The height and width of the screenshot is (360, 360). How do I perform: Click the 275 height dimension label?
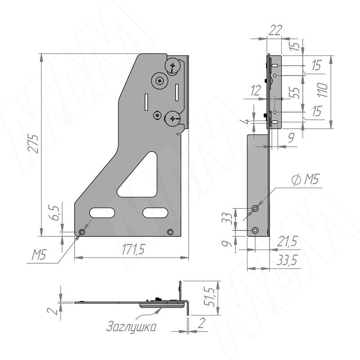point(33,144)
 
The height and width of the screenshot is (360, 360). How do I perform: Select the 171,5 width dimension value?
point(133,249)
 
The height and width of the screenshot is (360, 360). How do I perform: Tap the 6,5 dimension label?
point(55,213)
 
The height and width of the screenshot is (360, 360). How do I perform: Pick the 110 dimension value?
point(323,90)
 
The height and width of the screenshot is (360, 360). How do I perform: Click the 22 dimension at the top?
point(275,30)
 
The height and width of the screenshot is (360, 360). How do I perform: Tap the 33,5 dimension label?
point(287,261)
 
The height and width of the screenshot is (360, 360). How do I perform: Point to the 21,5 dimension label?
point(287,241)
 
